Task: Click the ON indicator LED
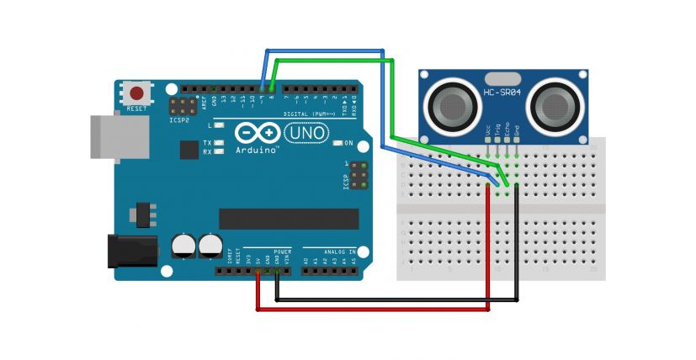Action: (x=337, y=144)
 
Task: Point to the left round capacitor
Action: (x=183, y=246)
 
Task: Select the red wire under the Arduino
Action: (x=370, y=310)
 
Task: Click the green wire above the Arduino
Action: (x=337, y=60)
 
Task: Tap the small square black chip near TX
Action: (x=189, y=150)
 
